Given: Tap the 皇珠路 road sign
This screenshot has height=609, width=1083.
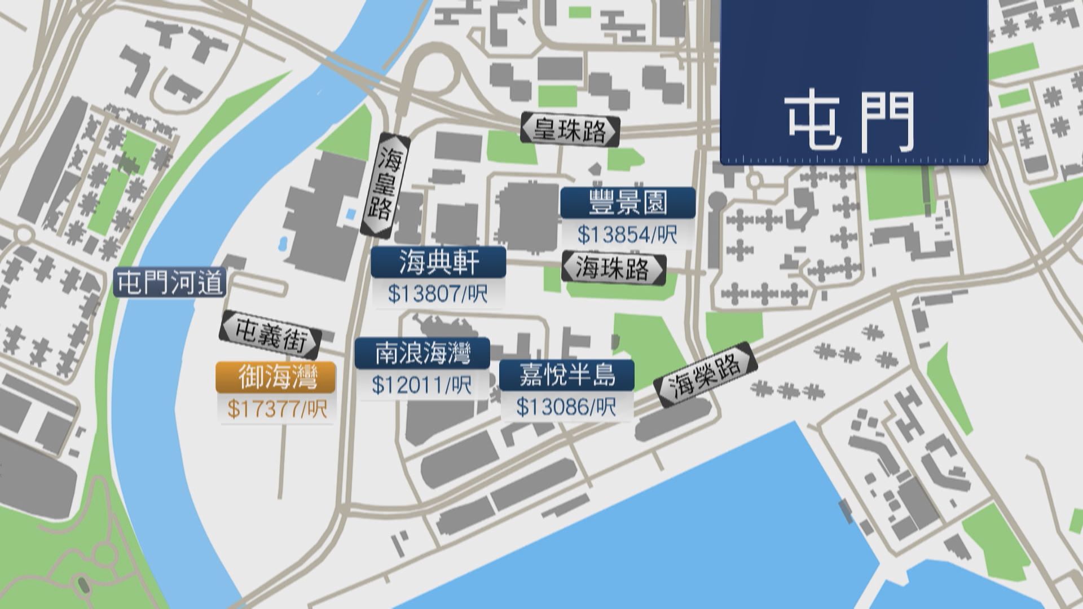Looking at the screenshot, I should pos(570,130).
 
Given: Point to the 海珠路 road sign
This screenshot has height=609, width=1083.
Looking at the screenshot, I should pos(614,268).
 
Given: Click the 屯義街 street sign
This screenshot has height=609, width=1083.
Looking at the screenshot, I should pos(270,334).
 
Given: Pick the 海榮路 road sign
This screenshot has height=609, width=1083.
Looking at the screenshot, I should pos(705,373).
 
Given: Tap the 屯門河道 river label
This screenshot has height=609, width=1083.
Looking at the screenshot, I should pos(170,283).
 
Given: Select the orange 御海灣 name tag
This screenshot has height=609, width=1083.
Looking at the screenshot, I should pos(276,377).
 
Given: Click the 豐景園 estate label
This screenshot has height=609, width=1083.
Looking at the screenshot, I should pos(627,202).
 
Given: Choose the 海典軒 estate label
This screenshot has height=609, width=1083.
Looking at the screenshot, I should pos(438,262).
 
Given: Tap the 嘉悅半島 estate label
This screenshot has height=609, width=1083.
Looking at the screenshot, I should pos(566,375).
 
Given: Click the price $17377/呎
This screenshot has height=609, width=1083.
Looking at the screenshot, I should pos(276,409).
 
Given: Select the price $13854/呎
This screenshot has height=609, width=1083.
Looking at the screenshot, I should pos(627,234).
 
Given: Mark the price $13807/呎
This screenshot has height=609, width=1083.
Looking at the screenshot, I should pos(438,294).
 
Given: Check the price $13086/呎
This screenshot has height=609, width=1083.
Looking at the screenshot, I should pos(566,407).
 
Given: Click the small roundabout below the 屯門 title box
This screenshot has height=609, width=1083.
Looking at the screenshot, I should pos(755,180).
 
